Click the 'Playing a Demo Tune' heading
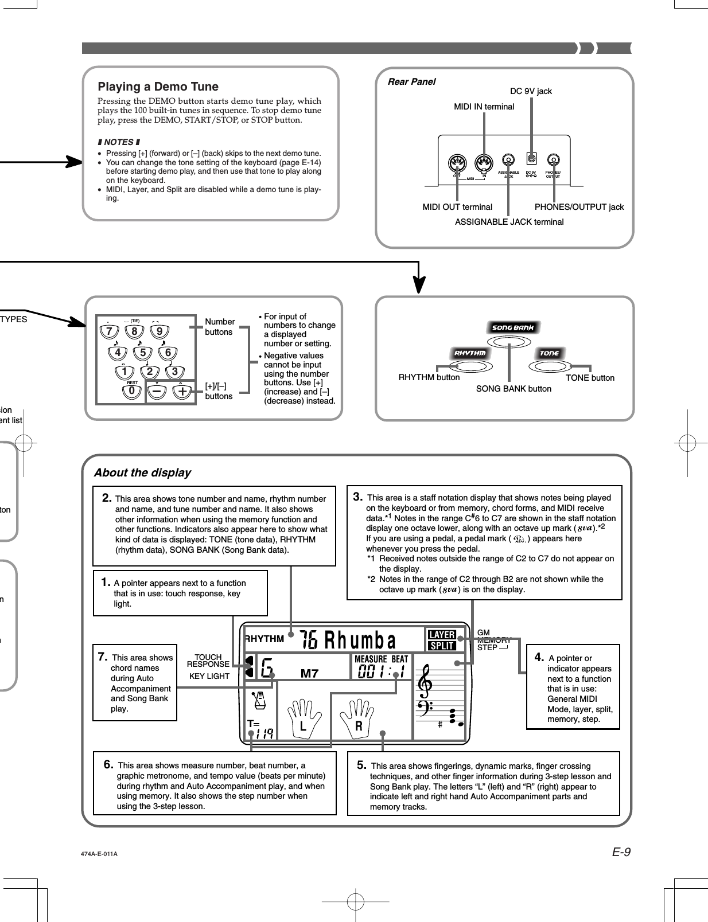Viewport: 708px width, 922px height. [158, 87]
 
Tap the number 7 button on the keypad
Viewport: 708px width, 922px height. [107, 331]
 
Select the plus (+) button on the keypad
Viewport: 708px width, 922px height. [182, 391]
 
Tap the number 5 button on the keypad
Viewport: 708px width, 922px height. [143, 353]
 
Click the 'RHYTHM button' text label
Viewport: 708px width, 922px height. [429, 377]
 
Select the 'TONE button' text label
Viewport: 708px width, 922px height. [589, 377]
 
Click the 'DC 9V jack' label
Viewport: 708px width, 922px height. [531, 91]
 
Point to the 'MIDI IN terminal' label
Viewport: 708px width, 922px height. [484, 107]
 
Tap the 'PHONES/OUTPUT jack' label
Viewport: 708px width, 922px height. [579, 207]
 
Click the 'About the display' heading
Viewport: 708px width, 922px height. [142, 472]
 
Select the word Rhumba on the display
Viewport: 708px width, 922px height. [360, 639]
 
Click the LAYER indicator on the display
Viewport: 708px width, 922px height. [442, 635]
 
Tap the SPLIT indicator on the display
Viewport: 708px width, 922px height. [442, 646]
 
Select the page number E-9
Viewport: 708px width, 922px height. [620, 852]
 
